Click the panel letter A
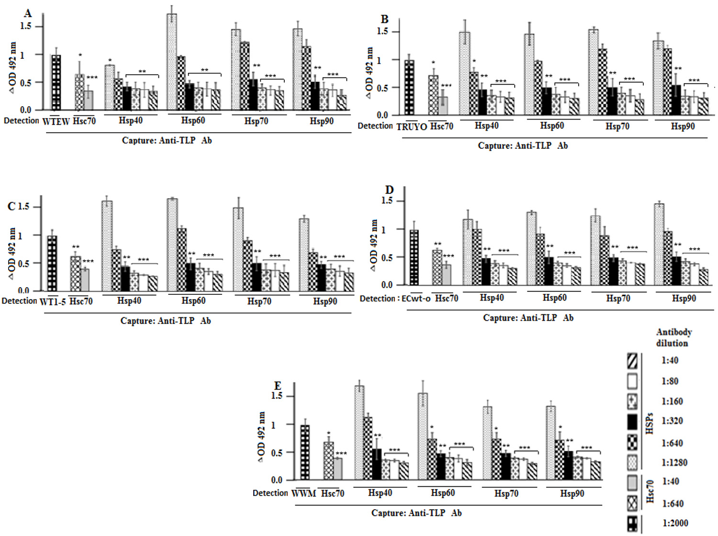pos(28,13)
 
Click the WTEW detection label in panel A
pos(56,122)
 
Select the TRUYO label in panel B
pos(411,127)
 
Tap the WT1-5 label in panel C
pos(52,302)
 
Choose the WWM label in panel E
pos(303,493)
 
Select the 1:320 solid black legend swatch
pos(632,421)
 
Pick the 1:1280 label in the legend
pos(674,463)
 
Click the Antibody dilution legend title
pos(673,337)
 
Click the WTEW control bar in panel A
pos(56,82)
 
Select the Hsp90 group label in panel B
pos(683,126)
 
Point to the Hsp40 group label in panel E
pos(380,493)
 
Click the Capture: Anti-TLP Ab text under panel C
pos(166,321)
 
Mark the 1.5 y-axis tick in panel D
pos(387,201)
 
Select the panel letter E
pos(278,386)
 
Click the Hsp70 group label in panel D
pos(618,298)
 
